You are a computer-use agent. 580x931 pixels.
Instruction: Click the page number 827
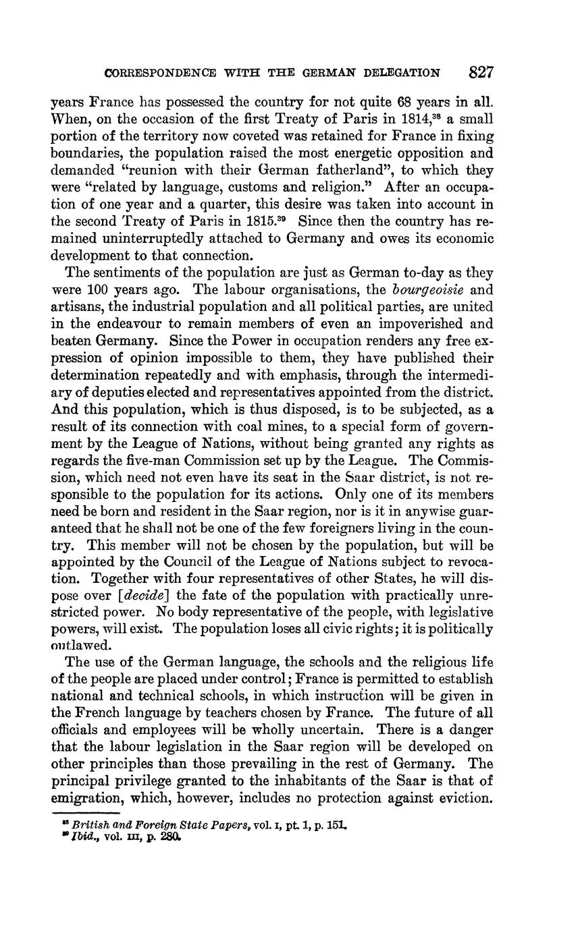pos(479,72)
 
